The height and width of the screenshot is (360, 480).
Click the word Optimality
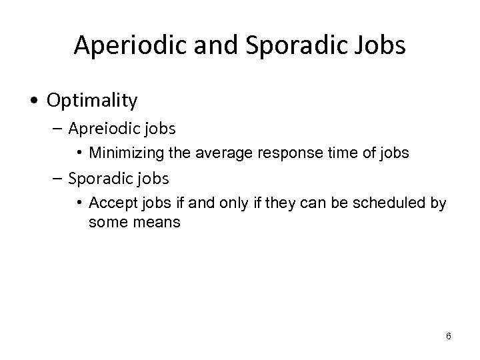[93, 101]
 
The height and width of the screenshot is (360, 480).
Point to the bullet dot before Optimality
[33, 101]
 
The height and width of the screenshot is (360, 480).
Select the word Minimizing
[123, 153]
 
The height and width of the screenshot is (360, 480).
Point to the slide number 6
[448, 336]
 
